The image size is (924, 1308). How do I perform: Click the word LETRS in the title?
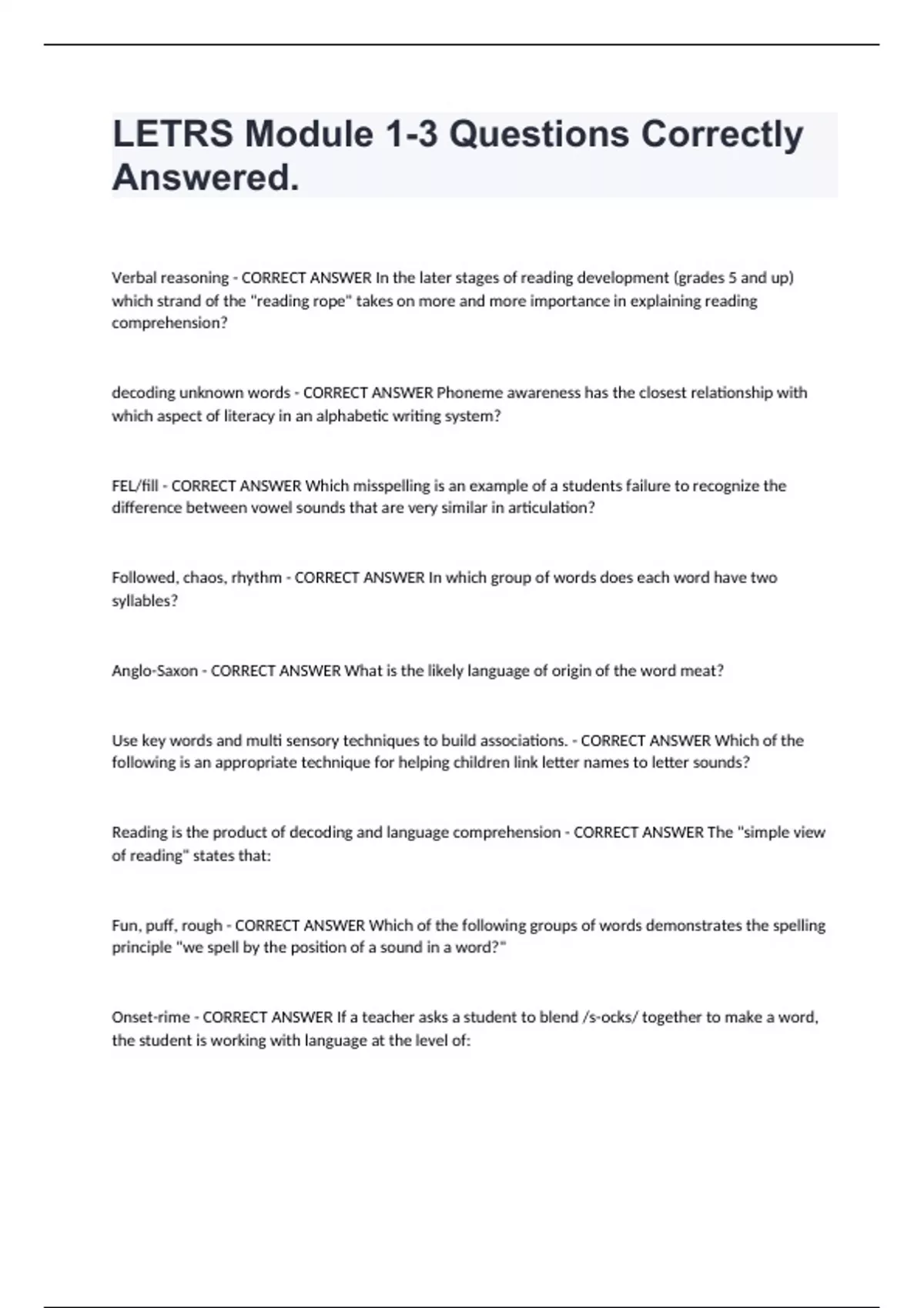click(172, 134)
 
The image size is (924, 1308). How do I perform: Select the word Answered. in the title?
click(206, 178)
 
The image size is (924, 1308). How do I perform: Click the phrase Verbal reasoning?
click(170, 278)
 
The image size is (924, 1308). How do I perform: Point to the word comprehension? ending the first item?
click(169, 323)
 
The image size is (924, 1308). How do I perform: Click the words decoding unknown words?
click(201, 393)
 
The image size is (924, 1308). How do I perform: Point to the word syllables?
click(145, 601)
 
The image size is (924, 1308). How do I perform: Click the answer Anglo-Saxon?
click(155, 671)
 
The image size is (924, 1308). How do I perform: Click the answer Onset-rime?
click(151, 1017)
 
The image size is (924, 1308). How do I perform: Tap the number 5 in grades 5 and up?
click(732, 278)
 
